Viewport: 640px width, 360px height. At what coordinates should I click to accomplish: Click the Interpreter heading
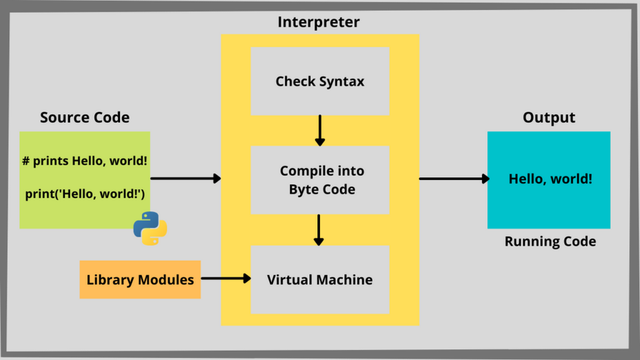(x=319, y=22)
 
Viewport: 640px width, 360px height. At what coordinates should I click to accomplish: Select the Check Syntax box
(x=319, y=81)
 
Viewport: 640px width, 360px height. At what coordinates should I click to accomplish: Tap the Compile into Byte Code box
(x=319, y=180)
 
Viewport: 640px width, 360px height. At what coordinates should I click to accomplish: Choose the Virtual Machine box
(x=319, y=279)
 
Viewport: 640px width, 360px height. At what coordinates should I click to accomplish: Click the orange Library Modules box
(x=140, y=279)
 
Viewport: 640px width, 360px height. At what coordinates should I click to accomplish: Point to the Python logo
(x=150, y=228)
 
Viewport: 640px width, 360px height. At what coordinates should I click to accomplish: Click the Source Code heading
(x=85, y=118)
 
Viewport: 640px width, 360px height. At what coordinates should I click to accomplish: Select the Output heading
(x=549, y=118)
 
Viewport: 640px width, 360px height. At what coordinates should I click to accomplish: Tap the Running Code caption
(x=550, y=241)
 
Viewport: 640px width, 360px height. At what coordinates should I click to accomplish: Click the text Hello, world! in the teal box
(x=550, y=179)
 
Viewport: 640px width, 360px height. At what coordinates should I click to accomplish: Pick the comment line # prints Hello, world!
(x=85, y=161)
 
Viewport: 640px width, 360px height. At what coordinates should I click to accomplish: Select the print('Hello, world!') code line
(x=85, y=193)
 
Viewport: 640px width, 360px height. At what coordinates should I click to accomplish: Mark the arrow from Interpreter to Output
(x=453, y=178)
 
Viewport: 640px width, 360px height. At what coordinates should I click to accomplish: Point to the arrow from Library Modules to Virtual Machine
(x=225, y=279)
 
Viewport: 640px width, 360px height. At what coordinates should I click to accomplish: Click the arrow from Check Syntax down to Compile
(x=320, y=130)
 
